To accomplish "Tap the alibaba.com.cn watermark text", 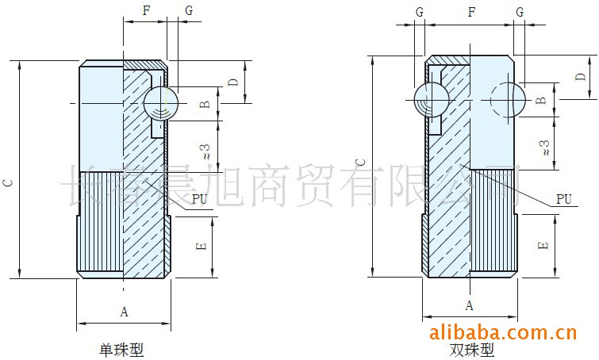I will [x=501, y=331].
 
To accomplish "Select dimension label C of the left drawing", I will [x=8, y=182].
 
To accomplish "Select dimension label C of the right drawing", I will [x=360, y=162].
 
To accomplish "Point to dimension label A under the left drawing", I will [x=124, y=312].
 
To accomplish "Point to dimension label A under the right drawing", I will [x=470, y=305].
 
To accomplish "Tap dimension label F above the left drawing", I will [x=145, y=10].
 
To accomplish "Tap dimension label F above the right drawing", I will [x=472, y=12].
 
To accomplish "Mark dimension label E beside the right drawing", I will [x=543, y=245].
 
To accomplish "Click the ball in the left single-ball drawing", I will [x=161, y=104].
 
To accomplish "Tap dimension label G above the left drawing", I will [x=188, y=10].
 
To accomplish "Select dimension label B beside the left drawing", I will [x=204, y=105].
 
